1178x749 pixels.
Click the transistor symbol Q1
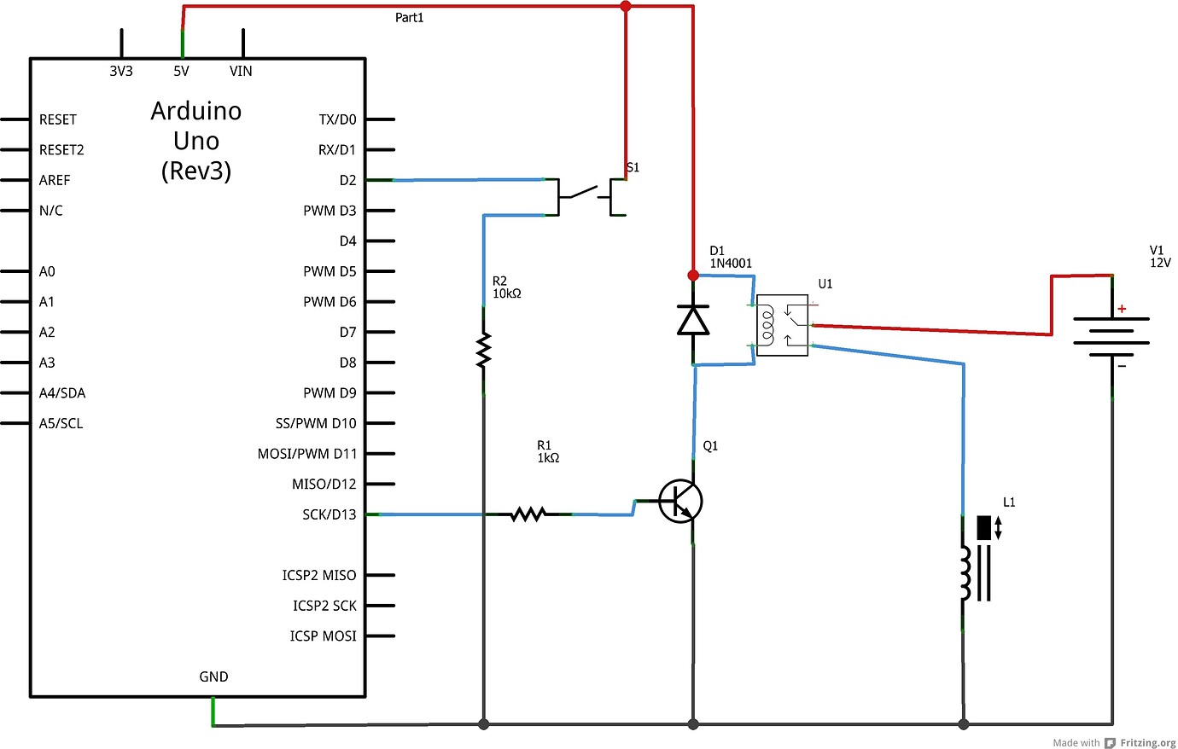tap(680, 501)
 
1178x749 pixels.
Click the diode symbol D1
tap(692, 320)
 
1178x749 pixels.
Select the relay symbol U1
tap(782, 325)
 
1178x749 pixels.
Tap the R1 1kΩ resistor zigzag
tap(528, 514)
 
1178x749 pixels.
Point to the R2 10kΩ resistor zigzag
tap(484, 351)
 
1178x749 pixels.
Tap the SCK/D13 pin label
tap(329, 514)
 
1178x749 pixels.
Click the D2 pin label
tap(347, 180)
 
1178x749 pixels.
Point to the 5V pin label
tap(181, 72)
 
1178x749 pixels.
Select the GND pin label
tap(213, 676)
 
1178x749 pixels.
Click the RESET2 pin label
tap(61, 150)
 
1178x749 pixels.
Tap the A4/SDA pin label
tap(62, 393)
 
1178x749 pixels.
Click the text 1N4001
tap(731, 264)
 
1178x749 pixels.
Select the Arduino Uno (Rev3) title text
tap(196, 141)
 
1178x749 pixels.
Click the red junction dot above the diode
tap(692, 276)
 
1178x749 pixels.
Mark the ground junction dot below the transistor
tap(693, 724)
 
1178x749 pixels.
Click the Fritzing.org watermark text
tap(1147, 743)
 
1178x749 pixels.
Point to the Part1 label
tap(409, 18)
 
